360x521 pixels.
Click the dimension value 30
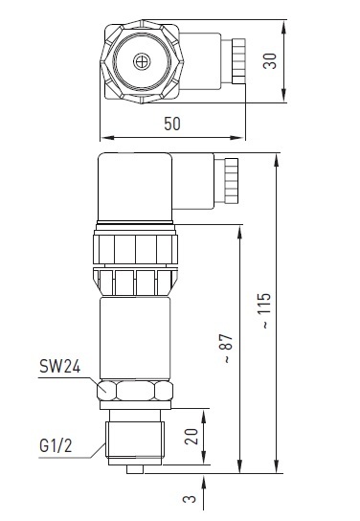click(270, 61)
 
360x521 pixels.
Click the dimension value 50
click(172, 124)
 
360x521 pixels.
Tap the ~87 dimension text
click(228, 348)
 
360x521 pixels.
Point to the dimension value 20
click(191, 437)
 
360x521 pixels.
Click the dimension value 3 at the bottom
click(190, 499)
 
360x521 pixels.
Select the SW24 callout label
click(59, 367)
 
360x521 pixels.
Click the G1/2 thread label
click(56, 445)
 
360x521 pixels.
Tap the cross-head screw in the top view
click(142, 61)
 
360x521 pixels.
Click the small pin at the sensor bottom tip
click(135, 469)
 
